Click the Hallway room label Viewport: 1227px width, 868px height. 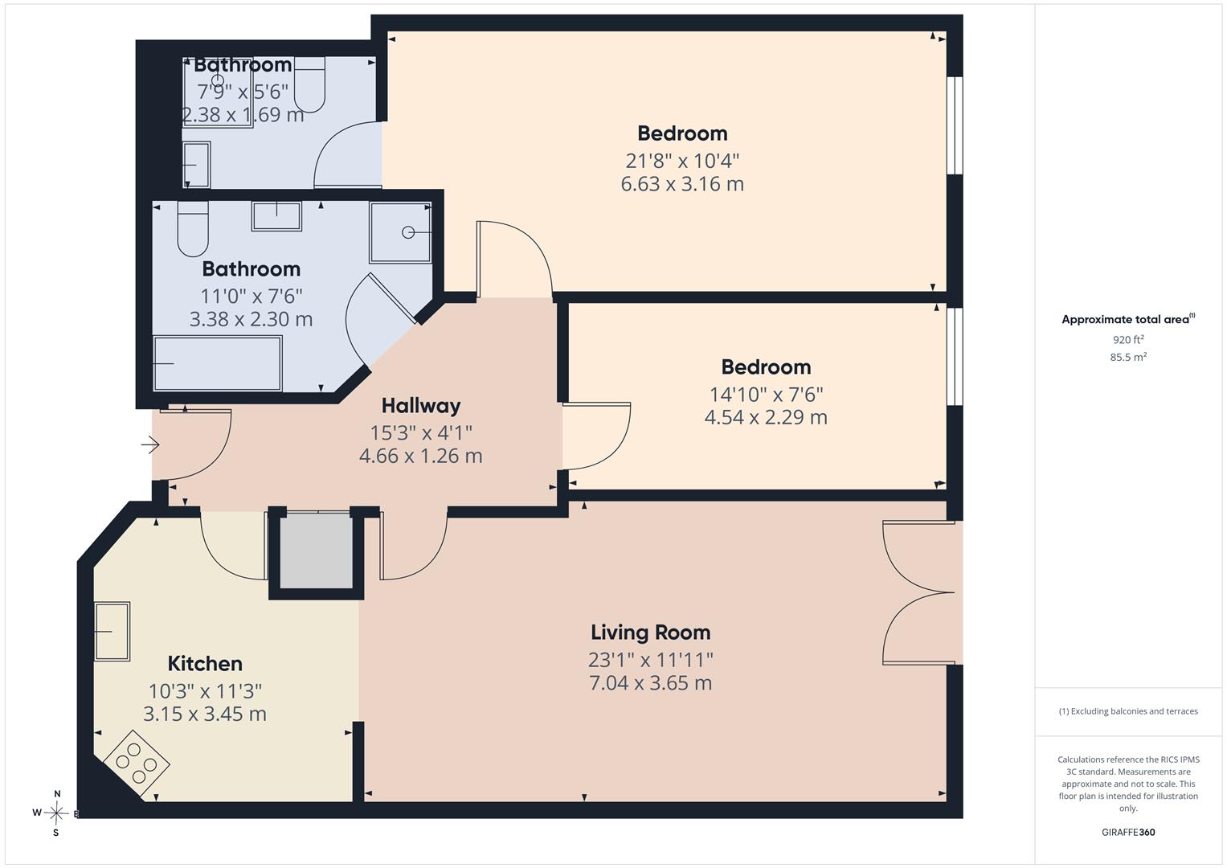[x=421, y=406]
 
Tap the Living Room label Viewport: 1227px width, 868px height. [x=650, y=633]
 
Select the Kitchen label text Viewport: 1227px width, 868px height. [x=205, y=664]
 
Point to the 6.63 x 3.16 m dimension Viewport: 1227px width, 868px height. [x=682, y=183]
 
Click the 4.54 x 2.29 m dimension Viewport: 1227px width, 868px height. [x=765, y=417]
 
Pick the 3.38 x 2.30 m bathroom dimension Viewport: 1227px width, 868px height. [x=251, y=319]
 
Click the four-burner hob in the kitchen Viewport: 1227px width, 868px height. [x=137, y=764]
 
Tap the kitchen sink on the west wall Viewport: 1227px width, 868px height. [x=112, y=631]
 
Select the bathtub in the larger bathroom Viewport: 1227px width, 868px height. [x=218, y=363]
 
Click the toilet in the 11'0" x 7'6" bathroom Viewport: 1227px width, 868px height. [x=193, y=228]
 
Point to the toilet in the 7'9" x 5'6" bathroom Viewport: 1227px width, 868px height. [x=310, y=85]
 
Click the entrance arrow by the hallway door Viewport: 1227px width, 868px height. [x=150, y=444]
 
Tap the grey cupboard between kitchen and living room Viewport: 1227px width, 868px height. [x=317, y=551]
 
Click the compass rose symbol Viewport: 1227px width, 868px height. [x=56, y=813]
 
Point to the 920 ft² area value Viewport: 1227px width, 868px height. [x=1128, y=339]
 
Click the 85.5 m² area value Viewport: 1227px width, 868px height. [x=1128, y=357]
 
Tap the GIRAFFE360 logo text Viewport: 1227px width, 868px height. [x=1128, y=832]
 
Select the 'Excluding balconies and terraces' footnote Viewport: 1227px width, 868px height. [x=1128, y=711]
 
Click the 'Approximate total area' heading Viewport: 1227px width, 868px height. [x=1128, y=319]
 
